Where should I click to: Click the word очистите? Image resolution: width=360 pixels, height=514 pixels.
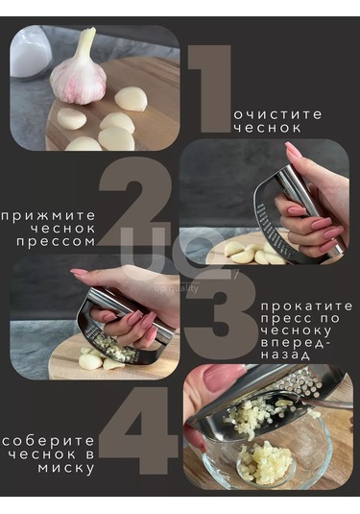pos(278,114)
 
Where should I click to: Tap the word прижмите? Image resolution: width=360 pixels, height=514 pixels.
pos(48,216)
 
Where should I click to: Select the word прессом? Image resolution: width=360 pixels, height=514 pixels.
pos(56,242)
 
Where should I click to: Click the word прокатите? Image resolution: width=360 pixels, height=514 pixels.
pos(307,306)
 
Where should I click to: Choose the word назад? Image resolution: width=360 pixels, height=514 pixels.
pos(286,355)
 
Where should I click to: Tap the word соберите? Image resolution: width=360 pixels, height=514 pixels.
pos(48,441)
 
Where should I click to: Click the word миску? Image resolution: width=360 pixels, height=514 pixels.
pos(66,468)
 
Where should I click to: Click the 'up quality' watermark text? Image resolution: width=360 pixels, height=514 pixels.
pos(177,288)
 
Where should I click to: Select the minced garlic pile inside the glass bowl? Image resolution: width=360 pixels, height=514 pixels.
pos(265,462)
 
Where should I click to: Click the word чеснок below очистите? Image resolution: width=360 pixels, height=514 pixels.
pos(267,127)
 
